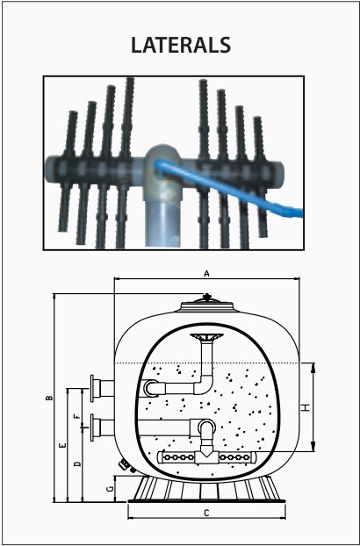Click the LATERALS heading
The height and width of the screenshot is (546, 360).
tap(181, 45)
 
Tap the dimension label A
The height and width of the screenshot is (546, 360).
tap(207, 274)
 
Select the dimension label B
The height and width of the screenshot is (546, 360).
tap(50, 398)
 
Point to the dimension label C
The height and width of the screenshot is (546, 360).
tap(207, 513)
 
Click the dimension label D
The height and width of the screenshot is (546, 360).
tap(77, 463)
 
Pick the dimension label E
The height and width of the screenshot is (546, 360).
tap(62, 445)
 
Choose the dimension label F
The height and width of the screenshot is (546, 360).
tap(77, 416)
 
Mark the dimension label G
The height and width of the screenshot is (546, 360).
tap(110, 489)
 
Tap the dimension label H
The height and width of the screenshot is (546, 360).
tap(306, 407)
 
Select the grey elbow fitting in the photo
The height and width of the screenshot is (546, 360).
tap(162, 170)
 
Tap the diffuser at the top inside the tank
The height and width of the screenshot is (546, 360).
tap(207, 337)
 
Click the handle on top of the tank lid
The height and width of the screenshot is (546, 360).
tap(207, 298)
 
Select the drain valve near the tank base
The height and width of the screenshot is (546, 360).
tap(125, 465)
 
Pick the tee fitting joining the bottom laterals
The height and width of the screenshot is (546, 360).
tap(206, 456)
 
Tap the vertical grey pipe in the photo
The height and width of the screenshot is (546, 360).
tap(163, 223)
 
